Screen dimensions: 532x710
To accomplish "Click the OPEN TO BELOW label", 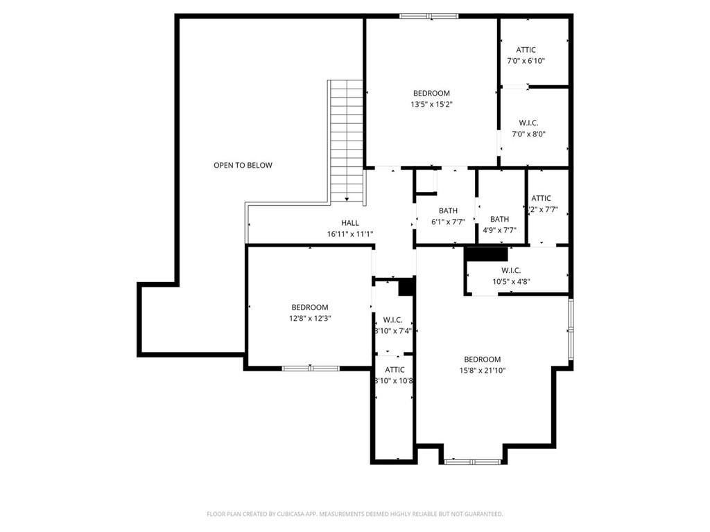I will (243, 165).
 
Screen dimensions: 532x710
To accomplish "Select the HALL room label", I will (350, 222).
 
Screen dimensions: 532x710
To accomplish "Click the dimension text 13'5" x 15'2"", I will (431, 105).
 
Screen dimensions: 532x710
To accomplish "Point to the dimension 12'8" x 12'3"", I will (309, 319).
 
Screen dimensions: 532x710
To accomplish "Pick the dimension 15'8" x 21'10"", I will (483, 371).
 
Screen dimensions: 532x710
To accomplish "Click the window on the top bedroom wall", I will (428, 16).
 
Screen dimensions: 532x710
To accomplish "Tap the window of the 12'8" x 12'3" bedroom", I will (310, 368).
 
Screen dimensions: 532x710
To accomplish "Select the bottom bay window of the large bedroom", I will (473, 461).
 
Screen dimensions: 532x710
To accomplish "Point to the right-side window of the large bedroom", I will (571, 330).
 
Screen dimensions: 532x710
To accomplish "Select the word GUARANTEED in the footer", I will (480, 514).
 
